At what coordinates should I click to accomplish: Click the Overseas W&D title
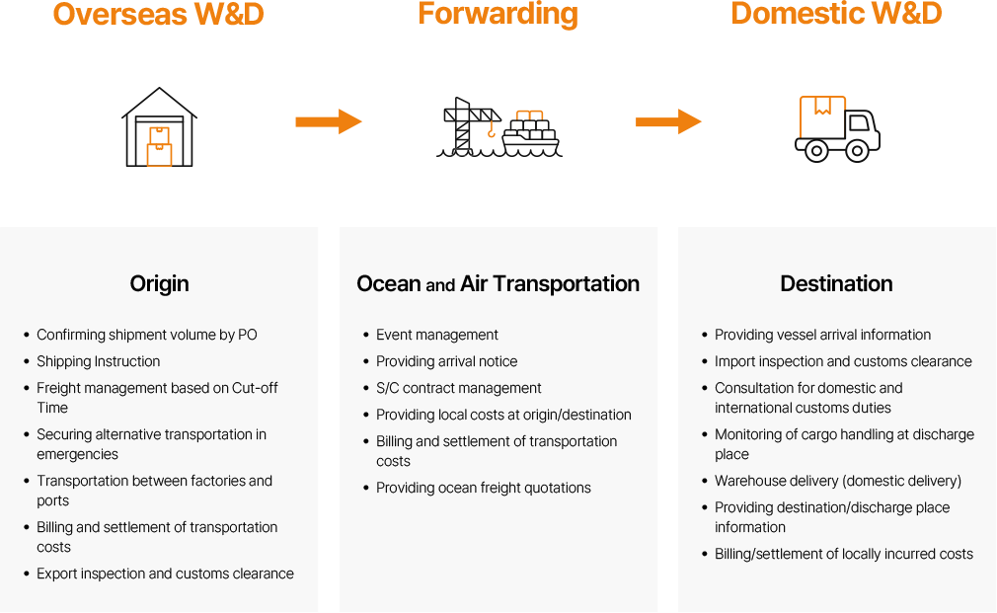tap(158, 15)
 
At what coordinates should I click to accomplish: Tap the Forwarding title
tap(498, 15)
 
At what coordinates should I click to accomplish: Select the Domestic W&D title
tap(836, 15)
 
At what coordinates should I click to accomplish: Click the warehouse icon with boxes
tap(159, 128)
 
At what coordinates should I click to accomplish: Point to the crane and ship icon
tap(498, 127)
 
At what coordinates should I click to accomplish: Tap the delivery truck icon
tap(837, 128)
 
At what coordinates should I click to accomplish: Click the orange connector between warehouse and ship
tap(330, 121)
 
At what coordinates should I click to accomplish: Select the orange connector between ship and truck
tap(669, 121)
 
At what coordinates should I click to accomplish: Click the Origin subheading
tap(159, 284)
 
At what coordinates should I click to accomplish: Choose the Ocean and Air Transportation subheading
tap(498, 284)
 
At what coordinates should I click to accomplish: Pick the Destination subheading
tap(836, 284)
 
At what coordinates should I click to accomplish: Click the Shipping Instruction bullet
tap(98, 361)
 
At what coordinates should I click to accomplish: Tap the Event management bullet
tap(436, 335)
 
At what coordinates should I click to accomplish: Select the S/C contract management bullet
tap(458, 388)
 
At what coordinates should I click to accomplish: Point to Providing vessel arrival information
tap(822, 335)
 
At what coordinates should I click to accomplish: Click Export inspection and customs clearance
tap(165, 574)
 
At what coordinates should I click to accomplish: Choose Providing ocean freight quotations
tap(483, 488)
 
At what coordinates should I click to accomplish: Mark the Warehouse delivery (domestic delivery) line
tap(837, 481)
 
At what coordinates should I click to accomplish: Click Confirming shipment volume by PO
tap(146, 335)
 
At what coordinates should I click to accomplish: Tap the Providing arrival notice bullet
tap(446, 361)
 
